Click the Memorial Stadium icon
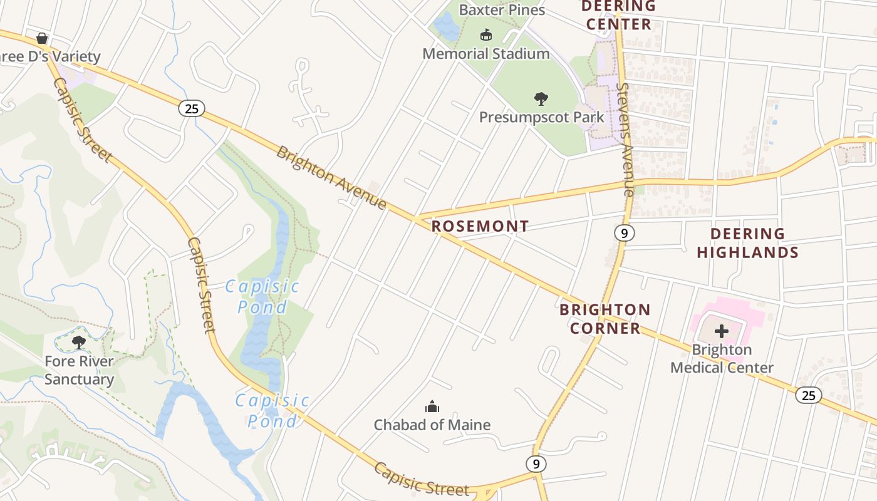tap(485, 34)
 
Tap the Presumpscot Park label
tap(541, 117)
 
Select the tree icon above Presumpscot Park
tap(541, 98)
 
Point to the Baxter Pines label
tap(502, 10)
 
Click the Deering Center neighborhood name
tap(618, 16)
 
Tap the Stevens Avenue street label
tap(626, 139)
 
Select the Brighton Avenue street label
tap(331, 178)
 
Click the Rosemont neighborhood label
tap(480, 226)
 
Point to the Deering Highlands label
tap(747, 243)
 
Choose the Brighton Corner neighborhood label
tap(605, 319)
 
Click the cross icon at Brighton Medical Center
tap(722, 331)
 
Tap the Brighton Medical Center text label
tap(722, 359)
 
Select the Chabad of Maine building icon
tap(432, 407)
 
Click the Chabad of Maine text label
tap(432, 425)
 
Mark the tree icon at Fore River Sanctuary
tap(79, 342)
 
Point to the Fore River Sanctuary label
tap(79, 370)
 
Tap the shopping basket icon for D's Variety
tap(42, 39)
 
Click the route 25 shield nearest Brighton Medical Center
tap(809, 395)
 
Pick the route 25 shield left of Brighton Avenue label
tap(192, 108)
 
